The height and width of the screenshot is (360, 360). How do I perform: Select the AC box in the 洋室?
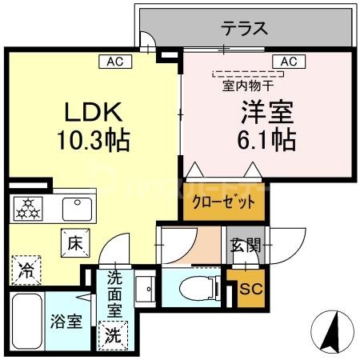tap(288, 60)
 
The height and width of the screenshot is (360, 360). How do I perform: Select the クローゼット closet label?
tap(224, 202)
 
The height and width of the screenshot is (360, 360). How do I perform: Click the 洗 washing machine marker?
tap(111, 334)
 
